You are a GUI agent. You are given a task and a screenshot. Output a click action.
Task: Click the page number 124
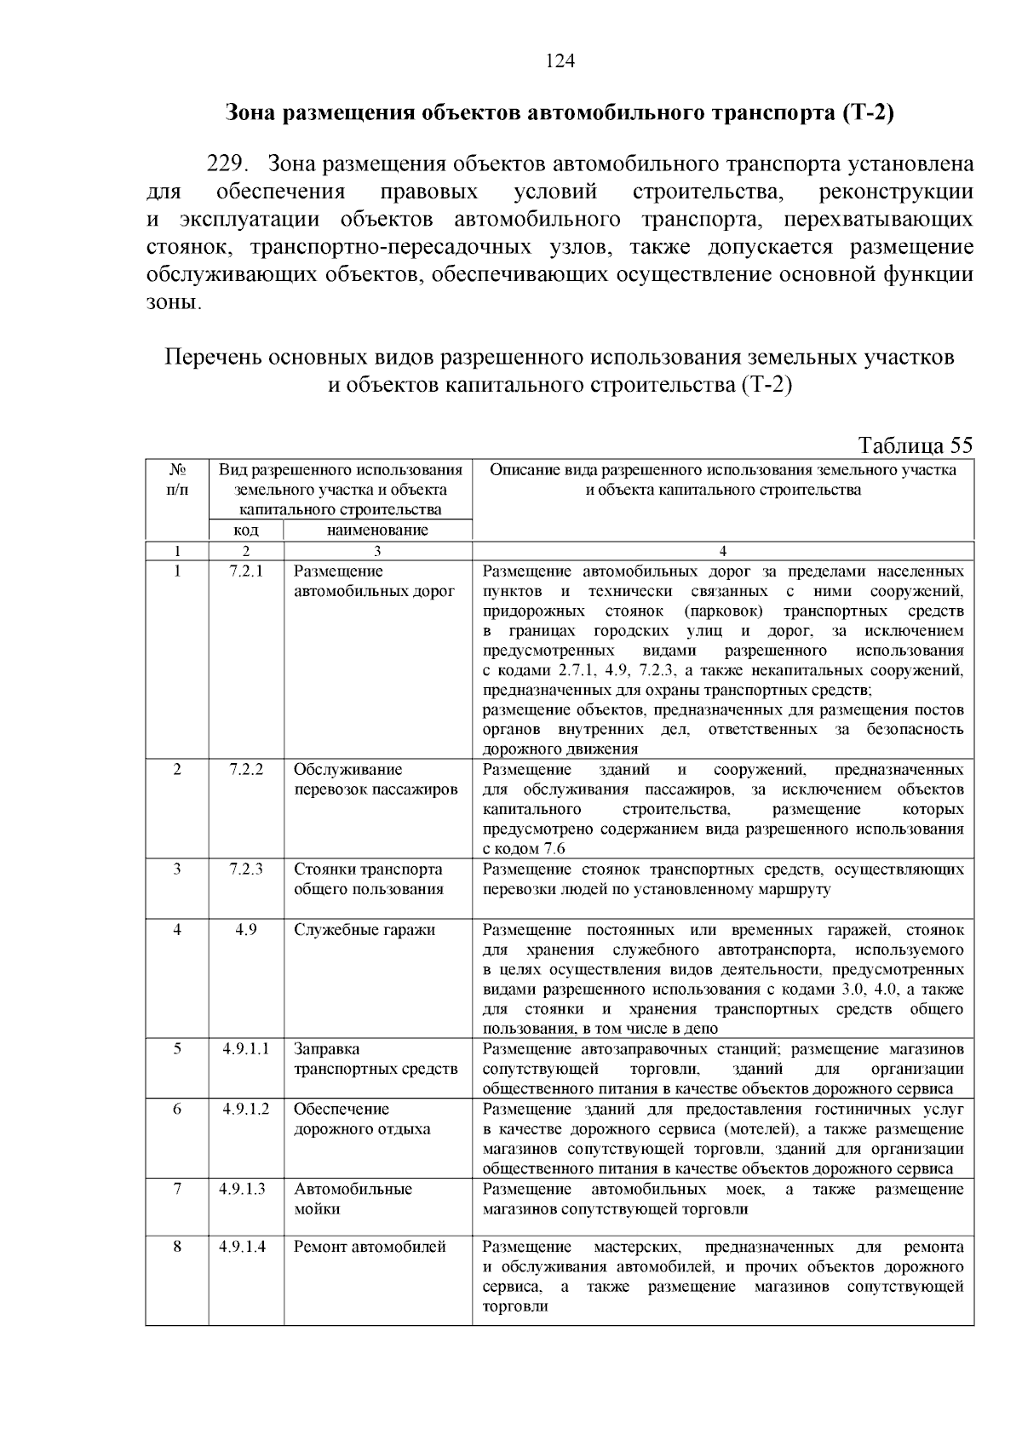(x=560, y=60)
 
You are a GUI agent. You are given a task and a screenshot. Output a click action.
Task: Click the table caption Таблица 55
(x=916, y=445)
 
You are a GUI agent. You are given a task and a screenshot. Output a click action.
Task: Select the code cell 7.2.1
(x=246, y=571)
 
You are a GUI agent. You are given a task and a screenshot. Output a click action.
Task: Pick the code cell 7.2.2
(x=246, y=769)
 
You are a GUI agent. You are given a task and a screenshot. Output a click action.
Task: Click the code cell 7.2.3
(x=246, y=869)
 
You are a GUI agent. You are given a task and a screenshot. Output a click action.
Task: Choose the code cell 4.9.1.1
(x=246, y=1049)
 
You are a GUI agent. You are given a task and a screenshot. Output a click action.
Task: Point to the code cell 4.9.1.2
(x=246, y=1109)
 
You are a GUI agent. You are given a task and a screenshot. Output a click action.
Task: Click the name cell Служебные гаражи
(x=365, y=930)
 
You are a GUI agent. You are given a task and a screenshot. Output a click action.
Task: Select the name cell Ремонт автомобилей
(x=370, y=1247)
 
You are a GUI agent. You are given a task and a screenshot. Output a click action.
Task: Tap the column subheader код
(x=246, y=531)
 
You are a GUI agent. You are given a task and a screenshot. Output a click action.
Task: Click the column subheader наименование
(x=377, y=531)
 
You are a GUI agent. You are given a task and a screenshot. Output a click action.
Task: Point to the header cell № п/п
(x=177, y=479)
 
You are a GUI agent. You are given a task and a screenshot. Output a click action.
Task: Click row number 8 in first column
(x=177, y=1247)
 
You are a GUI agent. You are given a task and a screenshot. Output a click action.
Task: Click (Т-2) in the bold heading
(x=866, y=113)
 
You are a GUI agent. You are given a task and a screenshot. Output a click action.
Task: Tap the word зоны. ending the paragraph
(x=175, y=303)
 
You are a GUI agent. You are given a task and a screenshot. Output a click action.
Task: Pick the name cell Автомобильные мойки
(x=353, y=1199)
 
